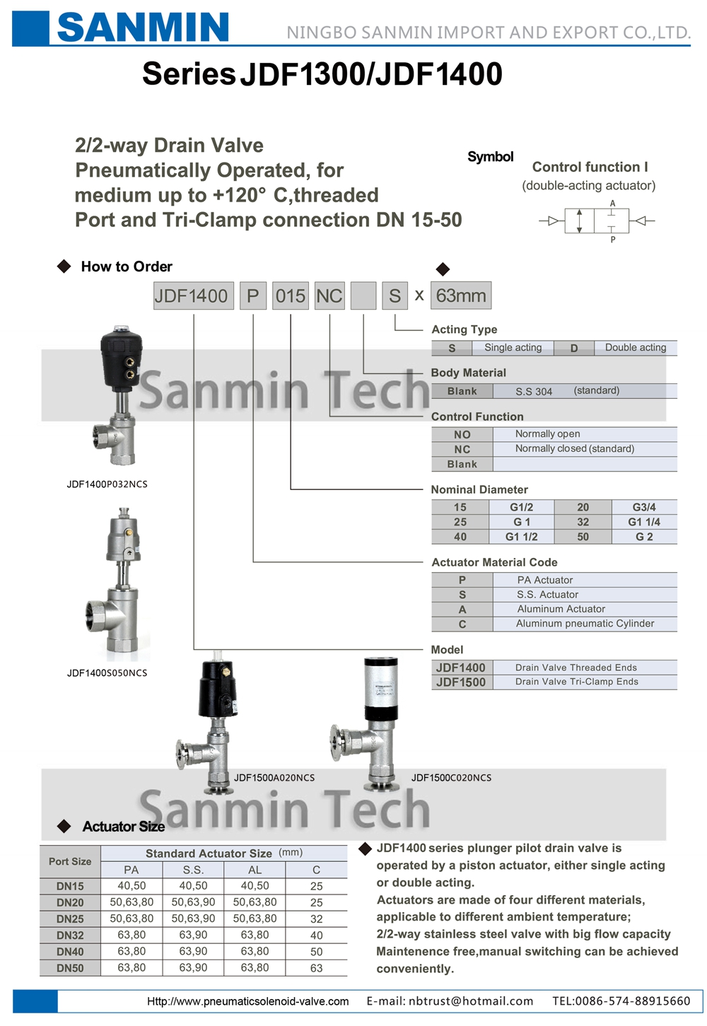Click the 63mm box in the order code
461,296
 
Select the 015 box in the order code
291,296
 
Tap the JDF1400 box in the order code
193,296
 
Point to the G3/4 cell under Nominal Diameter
644,507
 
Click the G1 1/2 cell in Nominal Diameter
521,537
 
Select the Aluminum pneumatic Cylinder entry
585,624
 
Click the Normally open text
548,433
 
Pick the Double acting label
636,348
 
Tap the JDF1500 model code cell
461,682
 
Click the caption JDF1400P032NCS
107,484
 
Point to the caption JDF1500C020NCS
451,778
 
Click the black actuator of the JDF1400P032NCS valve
122,358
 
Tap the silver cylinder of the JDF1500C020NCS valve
381,682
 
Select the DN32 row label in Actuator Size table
70,935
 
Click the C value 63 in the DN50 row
317,968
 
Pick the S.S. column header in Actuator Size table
193,870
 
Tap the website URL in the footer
247,1001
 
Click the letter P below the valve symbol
613,239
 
